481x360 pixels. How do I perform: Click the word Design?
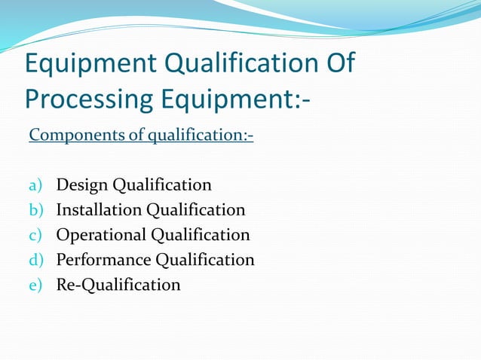click(x=81, y=185)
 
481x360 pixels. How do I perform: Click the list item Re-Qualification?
click(x=118, y=285)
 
